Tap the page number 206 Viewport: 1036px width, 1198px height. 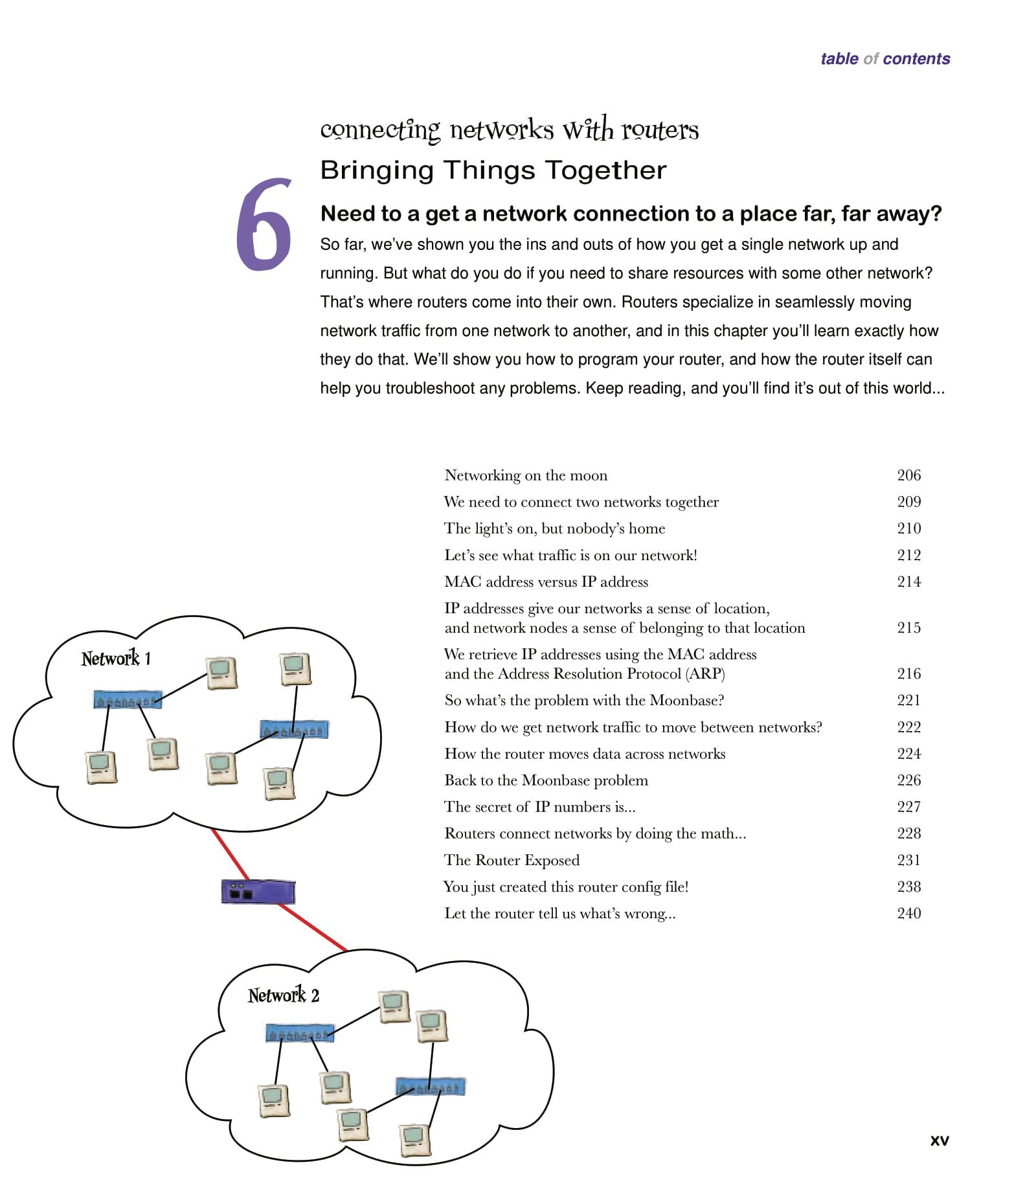tap(908, 475)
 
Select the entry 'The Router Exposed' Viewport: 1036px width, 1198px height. tap(512, 860)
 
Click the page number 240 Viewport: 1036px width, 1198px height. tap(908, 913)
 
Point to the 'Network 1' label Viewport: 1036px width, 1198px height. tap(116, 659)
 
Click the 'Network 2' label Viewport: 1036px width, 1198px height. tap(284, 995)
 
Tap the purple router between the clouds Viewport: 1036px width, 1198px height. tap(258, 892)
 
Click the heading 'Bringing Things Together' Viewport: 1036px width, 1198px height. tap(493, 170)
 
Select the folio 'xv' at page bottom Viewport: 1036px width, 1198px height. tap(939, 1140)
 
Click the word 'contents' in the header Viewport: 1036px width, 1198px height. tap(916, 59)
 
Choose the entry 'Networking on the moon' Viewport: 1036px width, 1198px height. tap(526, 475)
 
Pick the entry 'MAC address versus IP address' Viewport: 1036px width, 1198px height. tap(546, 582)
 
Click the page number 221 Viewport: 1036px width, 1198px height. tap(908, 700)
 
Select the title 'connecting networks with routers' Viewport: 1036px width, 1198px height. tap(509, 130)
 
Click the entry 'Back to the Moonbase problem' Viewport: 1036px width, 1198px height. tap(546, 780)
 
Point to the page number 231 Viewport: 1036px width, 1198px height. tap(908, 860)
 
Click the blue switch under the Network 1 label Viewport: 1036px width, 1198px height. tap(127, 700)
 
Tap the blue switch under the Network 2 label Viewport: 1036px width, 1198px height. tap(300, 1033)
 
